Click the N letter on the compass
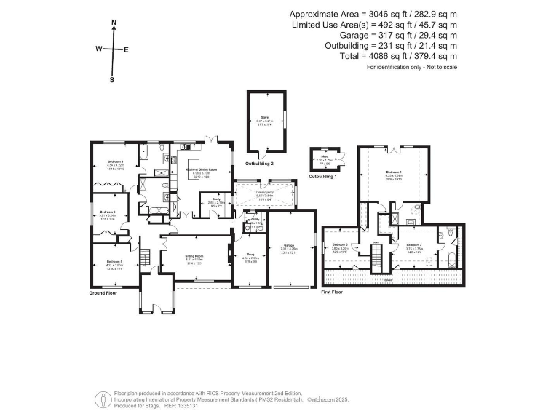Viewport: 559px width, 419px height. (114, 23)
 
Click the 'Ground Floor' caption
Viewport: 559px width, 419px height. (103, 293)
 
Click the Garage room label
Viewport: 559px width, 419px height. (290, 248)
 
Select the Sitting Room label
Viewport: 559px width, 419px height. (193, 258)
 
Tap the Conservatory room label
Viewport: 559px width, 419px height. (266, 193)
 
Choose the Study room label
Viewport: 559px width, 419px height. (216, 200)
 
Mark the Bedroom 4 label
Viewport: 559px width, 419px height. (115, 163)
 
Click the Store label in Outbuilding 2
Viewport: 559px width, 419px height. (266, 118)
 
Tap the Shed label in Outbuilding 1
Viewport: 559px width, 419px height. (324, 158)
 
